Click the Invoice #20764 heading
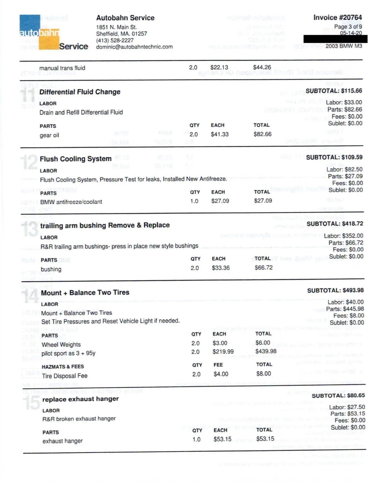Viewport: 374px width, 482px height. point(338,17)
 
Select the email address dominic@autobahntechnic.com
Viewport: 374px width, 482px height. point(134,47)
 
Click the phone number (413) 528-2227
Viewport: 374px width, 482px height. point(115,40)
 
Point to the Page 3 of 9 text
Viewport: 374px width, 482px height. point(348,27)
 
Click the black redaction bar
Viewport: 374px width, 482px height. point(335,39)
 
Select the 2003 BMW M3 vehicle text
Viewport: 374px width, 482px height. point(344,46)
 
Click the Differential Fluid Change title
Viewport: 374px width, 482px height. point(80,92)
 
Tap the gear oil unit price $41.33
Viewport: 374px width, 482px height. point(220,134)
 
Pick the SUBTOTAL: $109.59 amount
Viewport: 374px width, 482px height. point(334,157)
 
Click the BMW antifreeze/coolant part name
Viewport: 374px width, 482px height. point(71,202)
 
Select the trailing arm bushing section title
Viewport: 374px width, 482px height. point(105,225)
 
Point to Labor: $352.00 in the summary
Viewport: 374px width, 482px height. point(344,236)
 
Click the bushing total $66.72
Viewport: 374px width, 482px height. point(264,268)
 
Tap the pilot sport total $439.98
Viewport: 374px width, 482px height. point(266,351)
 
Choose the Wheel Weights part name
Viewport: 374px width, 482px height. point(61,345)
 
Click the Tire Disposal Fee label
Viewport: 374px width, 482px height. point(65,376)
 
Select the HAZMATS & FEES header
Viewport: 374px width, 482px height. point(63,367)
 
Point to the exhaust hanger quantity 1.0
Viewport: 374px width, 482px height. point(196,439)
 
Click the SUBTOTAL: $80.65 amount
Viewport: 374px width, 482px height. point(338,396)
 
